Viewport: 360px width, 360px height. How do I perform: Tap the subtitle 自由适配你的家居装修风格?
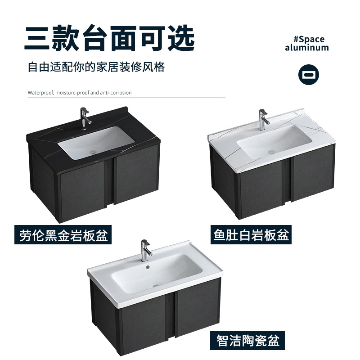click(x=96, y=67)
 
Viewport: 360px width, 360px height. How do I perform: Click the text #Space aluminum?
click(x=307, y=43)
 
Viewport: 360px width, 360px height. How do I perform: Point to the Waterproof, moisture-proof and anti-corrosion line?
click(x=80, y=93)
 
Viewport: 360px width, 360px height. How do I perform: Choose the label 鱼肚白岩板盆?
click(x=251, y=235)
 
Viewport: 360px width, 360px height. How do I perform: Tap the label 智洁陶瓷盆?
click(x=247, y=340)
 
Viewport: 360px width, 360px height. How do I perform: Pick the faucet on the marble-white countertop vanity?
click(x=262, y=118)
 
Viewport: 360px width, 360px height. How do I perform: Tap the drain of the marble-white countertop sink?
click(x=271, y=152)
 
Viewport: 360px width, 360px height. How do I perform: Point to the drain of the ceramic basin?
click(x=155, y=284)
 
